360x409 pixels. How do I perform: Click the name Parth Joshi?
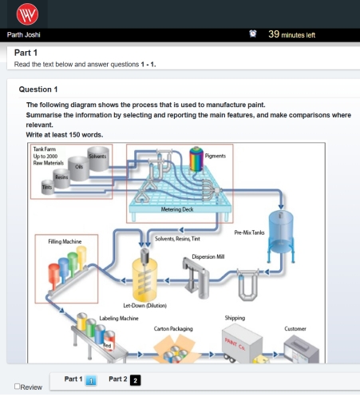pos(23,34)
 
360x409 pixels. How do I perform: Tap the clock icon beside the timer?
pos(253,34)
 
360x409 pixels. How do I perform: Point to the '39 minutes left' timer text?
pos(292,34)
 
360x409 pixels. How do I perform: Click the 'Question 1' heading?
pos(40,89)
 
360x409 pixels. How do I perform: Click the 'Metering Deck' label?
pos(177,210)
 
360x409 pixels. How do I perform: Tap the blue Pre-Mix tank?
pos(279,228)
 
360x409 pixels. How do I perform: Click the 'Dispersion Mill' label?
pos(208,256)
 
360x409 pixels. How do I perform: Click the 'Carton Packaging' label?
pos(172,328)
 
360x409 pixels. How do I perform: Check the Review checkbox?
pos(18,387)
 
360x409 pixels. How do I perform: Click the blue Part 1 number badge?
pos(91,380)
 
